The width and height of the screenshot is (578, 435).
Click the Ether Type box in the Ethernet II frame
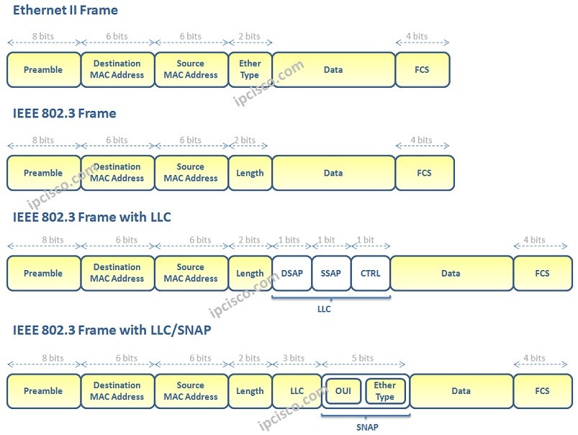pos(250,69)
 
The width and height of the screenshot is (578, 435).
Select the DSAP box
pos(292,273)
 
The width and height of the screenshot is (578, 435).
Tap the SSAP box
pos(331,273)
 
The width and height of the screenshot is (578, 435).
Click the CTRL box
pos(371,273)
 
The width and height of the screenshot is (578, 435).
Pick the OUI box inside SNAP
pos(343,391)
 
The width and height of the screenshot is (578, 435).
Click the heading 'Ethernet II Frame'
pos(66,10)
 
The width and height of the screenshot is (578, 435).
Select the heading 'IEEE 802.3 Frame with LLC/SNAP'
pos(112,330)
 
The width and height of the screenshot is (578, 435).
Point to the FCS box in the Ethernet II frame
pos(423,70)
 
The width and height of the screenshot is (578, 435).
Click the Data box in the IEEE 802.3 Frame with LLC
pos(451,273)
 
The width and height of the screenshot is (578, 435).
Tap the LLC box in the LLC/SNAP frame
pos(297,391)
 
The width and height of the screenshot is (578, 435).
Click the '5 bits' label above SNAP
pos(365,358)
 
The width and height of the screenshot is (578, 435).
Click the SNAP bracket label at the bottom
pos(366,427)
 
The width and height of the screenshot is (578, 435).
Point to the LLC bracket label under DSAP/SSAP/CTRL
pos(331,309)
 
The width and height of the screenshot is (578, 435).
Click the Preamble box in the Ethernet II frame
pos(43,70)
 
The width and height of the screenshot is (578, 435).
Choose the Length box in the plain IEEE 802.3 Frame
pos(250,173)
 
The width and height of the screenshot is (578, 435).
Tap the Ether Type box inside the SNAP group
pos(385,391)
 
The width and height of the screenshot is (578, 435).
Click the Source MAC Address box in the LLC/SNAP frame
pos(191,391)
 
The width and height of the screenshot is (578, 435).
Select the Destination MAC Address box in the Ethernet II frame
pos(117,69)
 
